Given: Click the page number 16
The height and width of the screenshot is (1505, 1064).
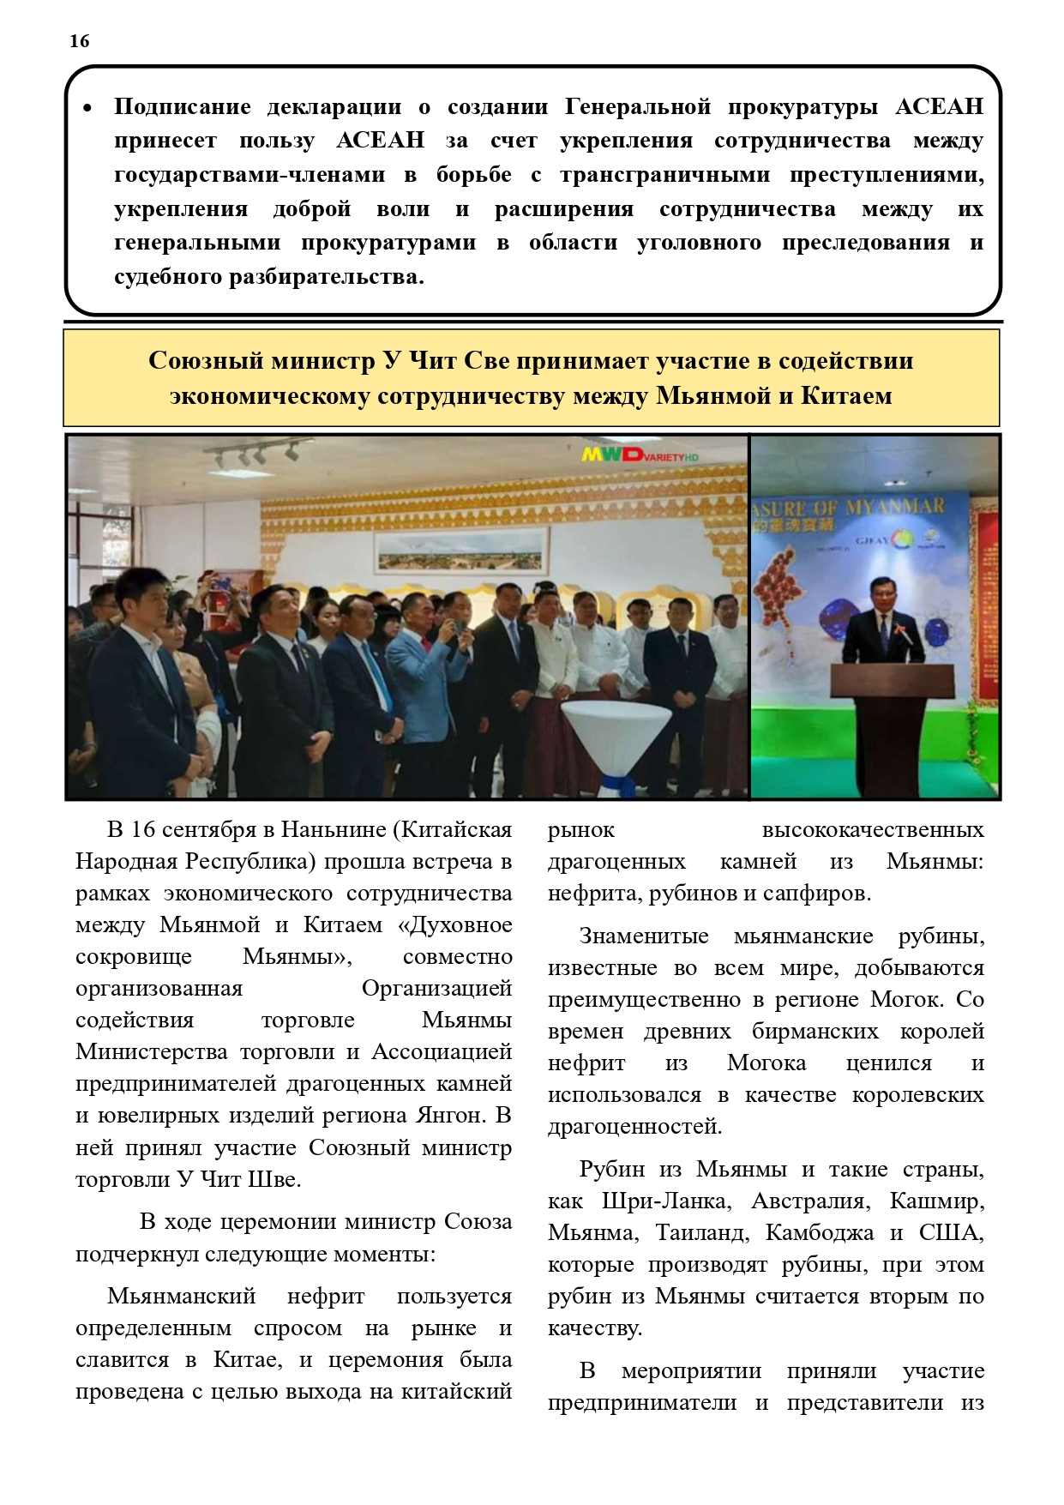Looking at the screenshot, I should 79,41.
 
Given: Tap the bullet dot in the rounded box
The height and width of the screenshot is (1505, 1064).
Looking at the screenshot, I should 87,109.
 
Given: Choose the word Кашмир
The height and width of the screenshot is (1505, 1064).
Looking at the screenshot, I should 936,1201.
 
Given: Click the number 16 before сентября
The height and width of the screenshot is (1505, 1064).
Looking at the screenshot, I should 143,830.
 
